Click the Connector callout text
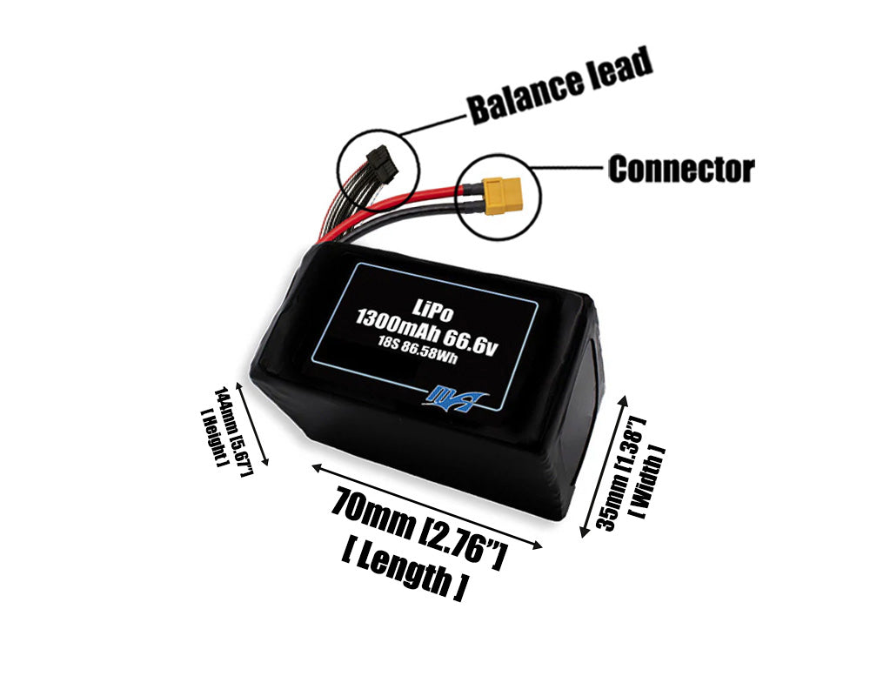[x=681, y=169]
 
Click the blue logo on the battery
[x=455, y=398]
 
